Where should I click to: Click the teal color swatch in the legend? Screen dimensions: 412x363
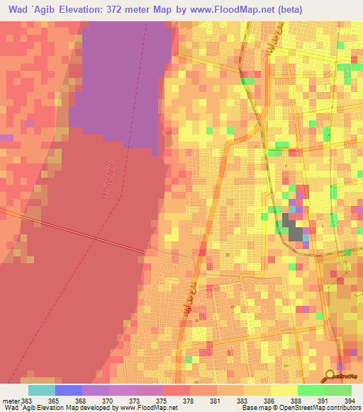pyautogui.click(x=42, y=390)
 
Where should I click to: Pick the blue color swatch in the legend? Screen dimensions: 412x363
pyautogui.click(x=69, y=390)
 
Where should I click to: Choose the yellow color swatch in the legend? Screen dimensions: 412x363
pyautogui.click(x=284, y=390)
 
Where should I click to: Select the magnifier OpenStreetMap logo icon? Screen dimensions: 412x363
pyautogui.click(x=330, y=374)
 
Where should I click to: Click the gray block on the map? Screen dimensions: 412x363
pyautogui.click(x=291, y=229)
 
